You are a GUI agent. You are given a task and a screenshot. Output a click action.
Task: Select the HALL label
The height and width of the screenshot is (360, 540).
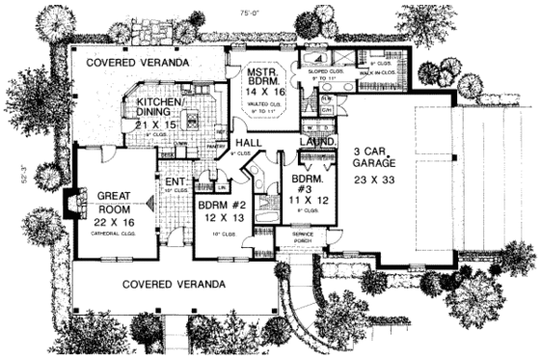[248, 143]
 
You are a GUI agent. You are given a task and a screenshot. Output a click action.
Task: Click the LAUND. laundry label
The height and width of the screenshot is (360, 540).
[316, 142]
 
